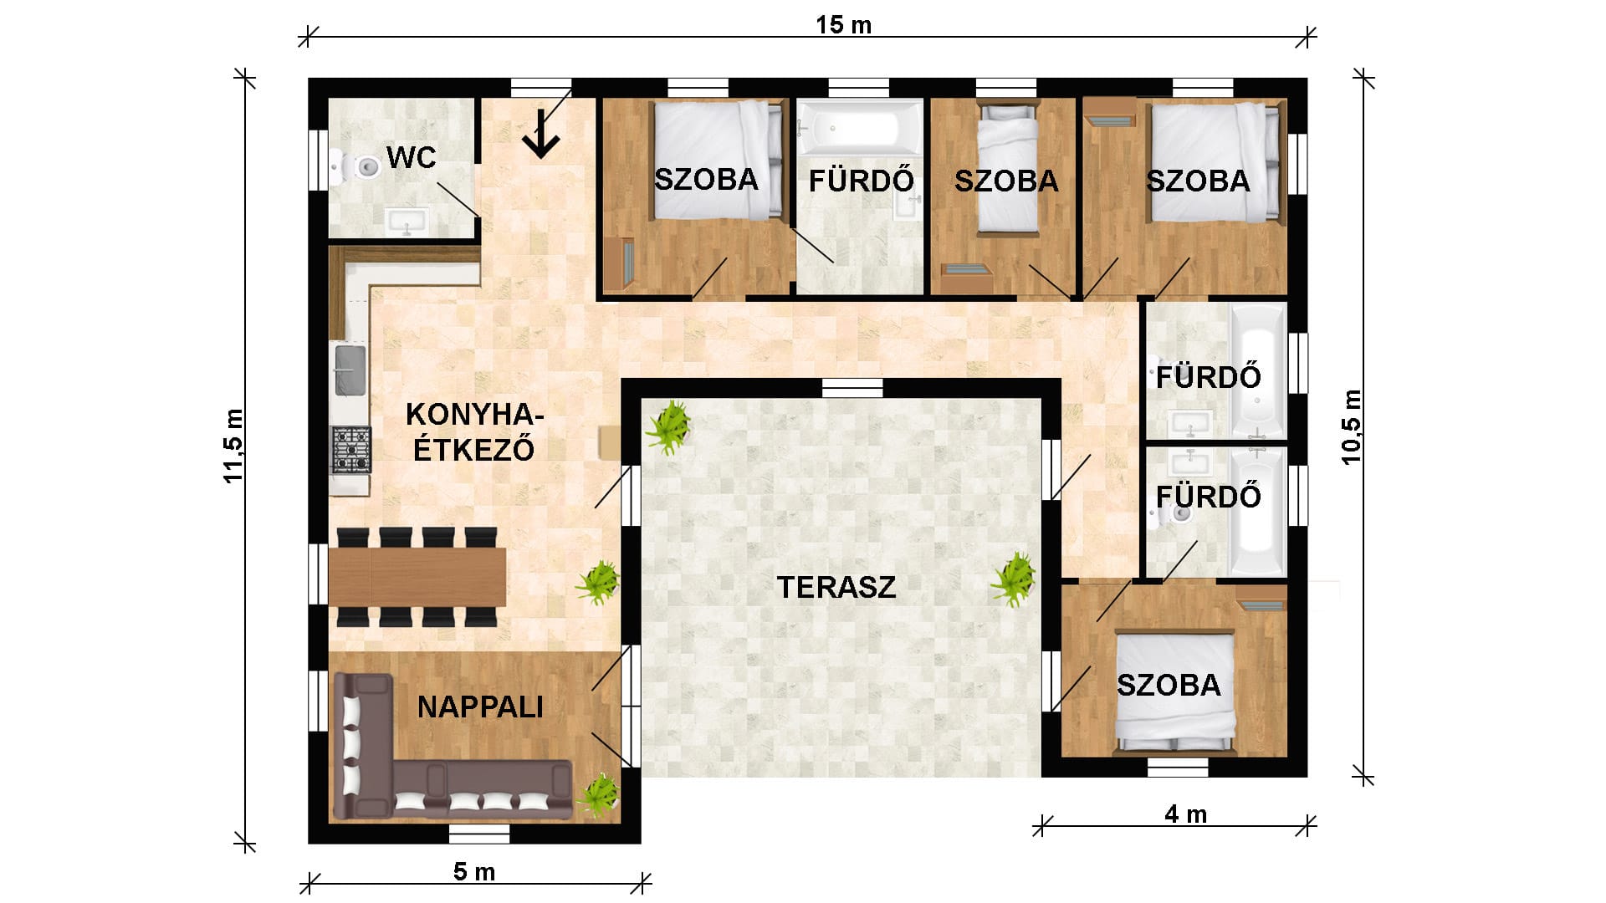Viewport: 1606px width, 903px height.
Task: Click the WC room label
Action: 412,157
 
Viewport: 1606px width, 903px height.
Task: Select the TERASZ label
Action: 836,587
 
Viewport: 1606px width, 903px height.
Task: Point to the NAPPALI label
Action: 480,707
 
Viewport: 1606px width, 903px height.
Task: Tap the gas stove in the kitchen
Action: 351,450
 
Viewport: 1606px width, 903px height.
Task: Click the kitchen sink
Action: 350,370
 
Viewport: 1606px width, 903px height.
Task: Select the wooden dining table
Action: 417,577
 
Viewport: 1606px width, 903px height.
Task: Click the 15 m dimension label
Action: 844,25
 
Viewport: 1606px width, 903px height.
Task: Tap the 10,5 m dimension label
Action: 1351,427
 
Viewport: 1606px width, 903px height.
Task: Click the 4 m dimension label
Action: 1186,814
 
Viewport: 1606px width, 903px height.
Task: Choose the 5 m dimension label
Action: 474,872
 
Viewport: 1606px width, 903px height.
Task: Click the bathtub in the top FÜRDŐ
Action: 859,128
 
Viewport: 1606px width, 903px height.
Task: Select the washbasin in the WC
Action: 407,222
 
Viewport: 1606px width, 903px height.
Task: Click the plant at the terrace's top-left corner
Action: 669,426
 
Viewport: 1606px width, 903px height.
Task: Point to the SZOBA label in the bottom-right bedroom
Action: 1169,685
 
